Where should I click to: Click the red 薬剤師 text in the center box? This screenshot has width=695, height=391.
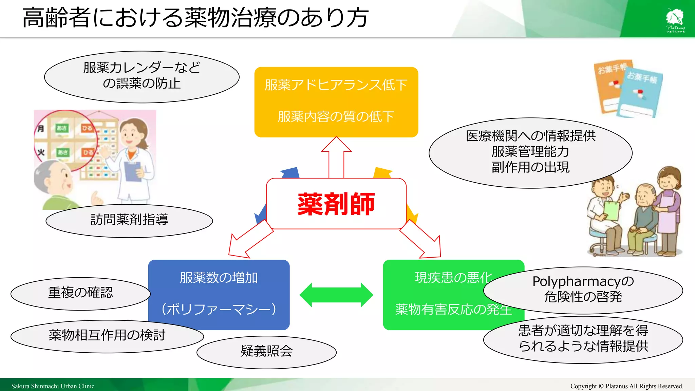coord(336,204)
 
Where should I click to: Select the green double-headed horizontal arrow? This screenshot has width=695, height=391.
coord(336,295)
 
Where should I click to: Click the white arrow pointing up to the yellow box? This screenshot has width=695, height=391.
coord(336,156)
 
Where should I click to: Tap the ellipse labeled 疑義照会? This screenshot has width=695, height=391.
coord(266,352)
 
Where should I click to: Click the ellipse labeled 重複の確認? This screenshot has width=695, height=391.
coord(80,293)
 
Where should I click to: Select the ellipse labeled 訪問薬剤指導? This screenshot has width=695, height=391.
coord(129,220)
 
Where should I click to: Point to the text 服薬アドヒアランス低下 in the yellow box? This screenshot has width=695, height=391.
coord(336,85)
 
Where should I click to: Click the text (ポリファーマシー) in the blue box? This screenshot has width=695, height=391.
coord(219,309)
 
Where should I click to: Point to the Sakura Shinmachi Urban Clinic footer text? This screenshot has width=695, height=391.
coord(53,386)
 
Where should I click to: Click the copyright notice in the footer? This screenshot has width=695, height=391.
coord(626,386)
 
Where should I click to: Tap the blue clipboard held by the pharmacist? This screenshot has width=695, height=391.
coord(133,171)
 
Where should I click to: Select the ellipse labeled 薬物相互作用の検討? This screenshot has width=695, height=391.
coord(107,336)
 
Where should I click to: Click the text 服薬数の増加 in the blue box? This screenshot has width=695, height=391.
coord(219,278)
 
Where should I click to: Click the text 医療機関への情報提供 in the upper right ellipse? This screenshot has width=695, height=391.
coord(530,136)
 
